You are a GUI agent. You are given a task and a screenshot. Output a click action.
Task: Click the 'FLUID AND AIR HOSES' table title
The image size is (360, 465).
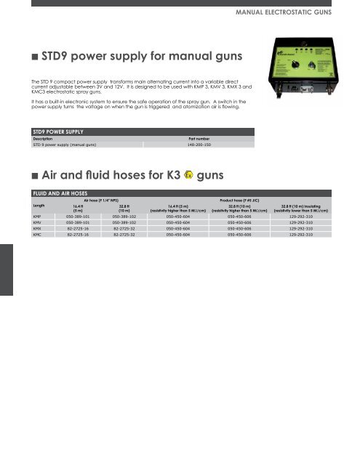[61, 192]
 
